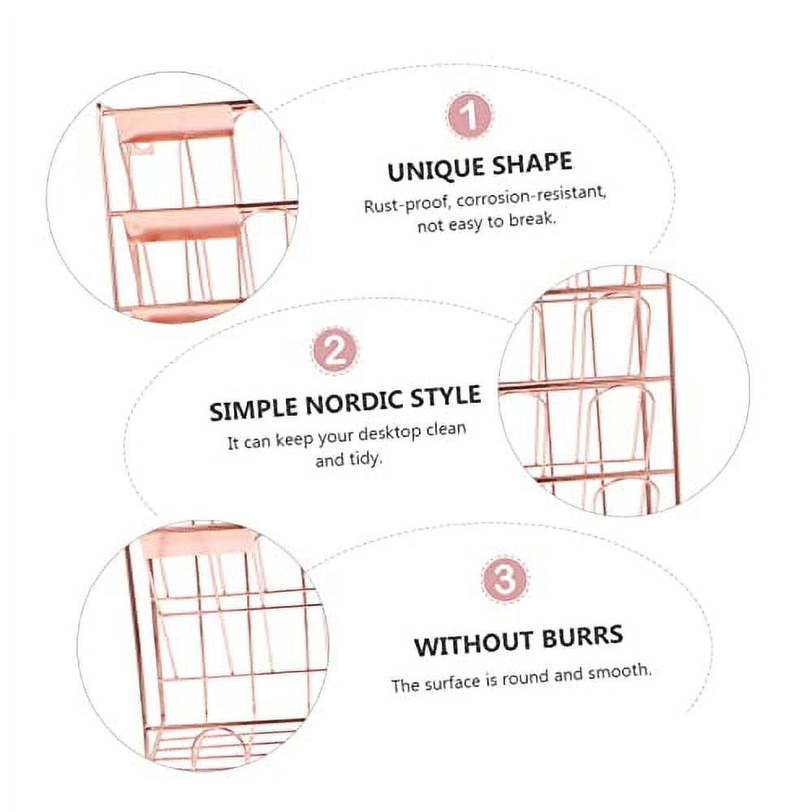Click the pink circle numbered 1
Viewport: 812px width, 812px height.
tap(469, 116)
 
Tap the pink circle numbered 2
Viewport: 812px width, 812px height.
tap(334, 353)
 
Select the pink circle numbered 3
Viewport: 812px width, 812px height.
tap(504, 580)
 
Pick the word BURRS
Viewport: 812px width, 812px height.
tap(580, 634)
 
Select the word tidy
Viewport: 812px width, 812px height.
tap(365, 459)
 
